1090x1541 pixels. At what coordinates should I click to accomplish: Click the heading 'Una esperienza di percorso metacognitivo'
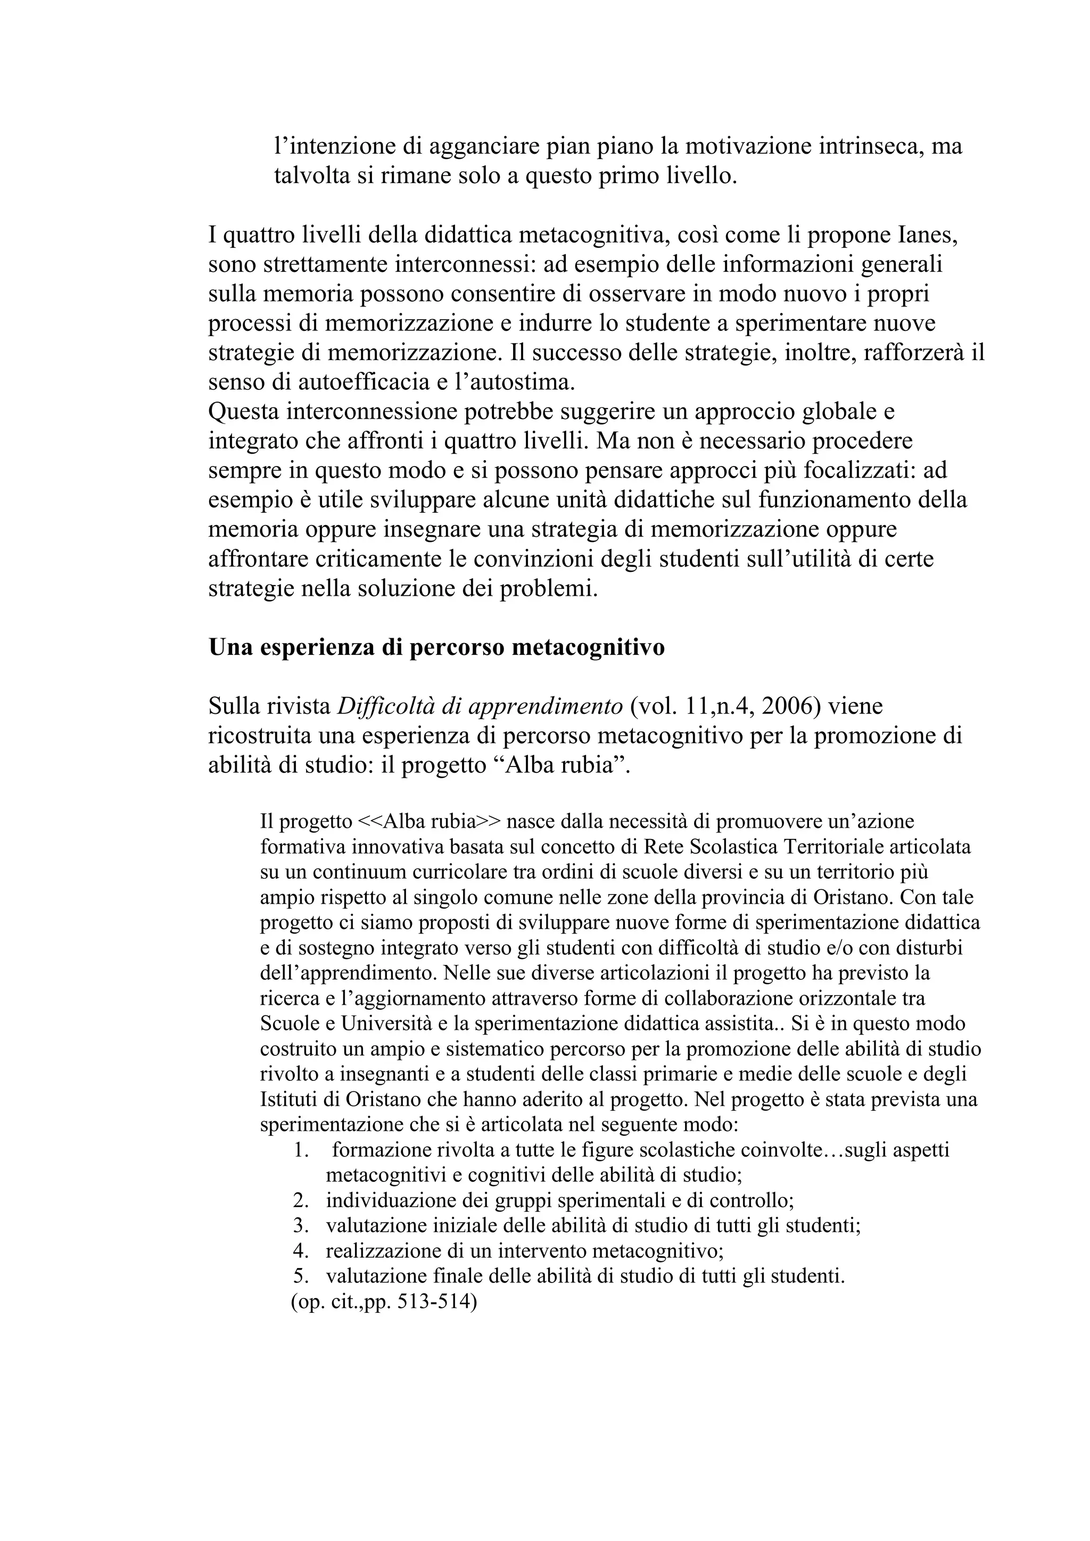[436, 648]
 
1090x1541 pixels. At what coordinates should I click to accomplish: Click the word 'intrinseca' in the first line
[870, 146]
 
